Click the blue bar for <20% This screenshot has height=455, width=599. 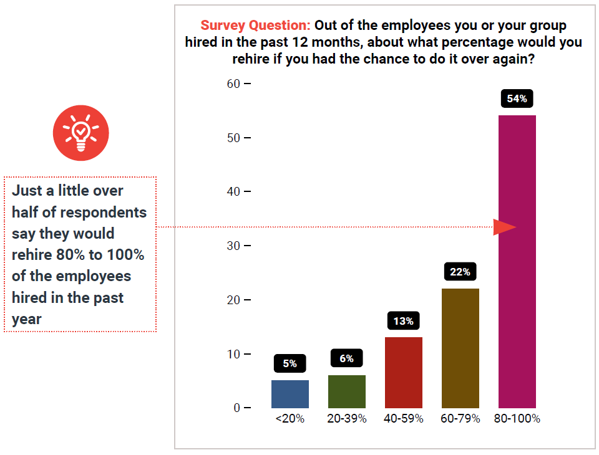(290, 394)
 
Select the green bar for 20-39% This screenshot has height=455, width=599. (347, 391)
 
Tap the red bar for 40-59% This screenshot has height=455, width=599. (404, 373)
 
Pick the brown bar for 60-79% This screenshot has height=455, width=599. (460, 348)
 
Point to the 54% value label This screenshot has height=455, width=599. (517, 98)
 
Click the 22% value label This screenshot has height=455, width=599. (460, 272)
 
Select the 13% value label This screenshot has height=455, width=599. (404, 321)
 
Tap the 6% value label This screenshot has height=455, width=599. (347, 358)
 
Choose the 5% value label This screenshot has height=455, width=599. (290, 363)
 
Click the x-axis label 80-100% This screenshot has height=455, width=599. (517, 419)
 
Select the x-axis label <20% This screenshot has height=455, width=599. (290, 419)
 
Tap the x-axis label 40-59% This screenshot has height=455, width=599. (404, 419)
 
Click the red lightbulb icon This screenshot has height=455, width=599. (80, 133)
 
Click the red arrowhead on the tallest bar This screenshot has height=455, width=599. (504, 228)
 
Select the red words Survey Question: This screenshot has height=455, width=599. (255, 26)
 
